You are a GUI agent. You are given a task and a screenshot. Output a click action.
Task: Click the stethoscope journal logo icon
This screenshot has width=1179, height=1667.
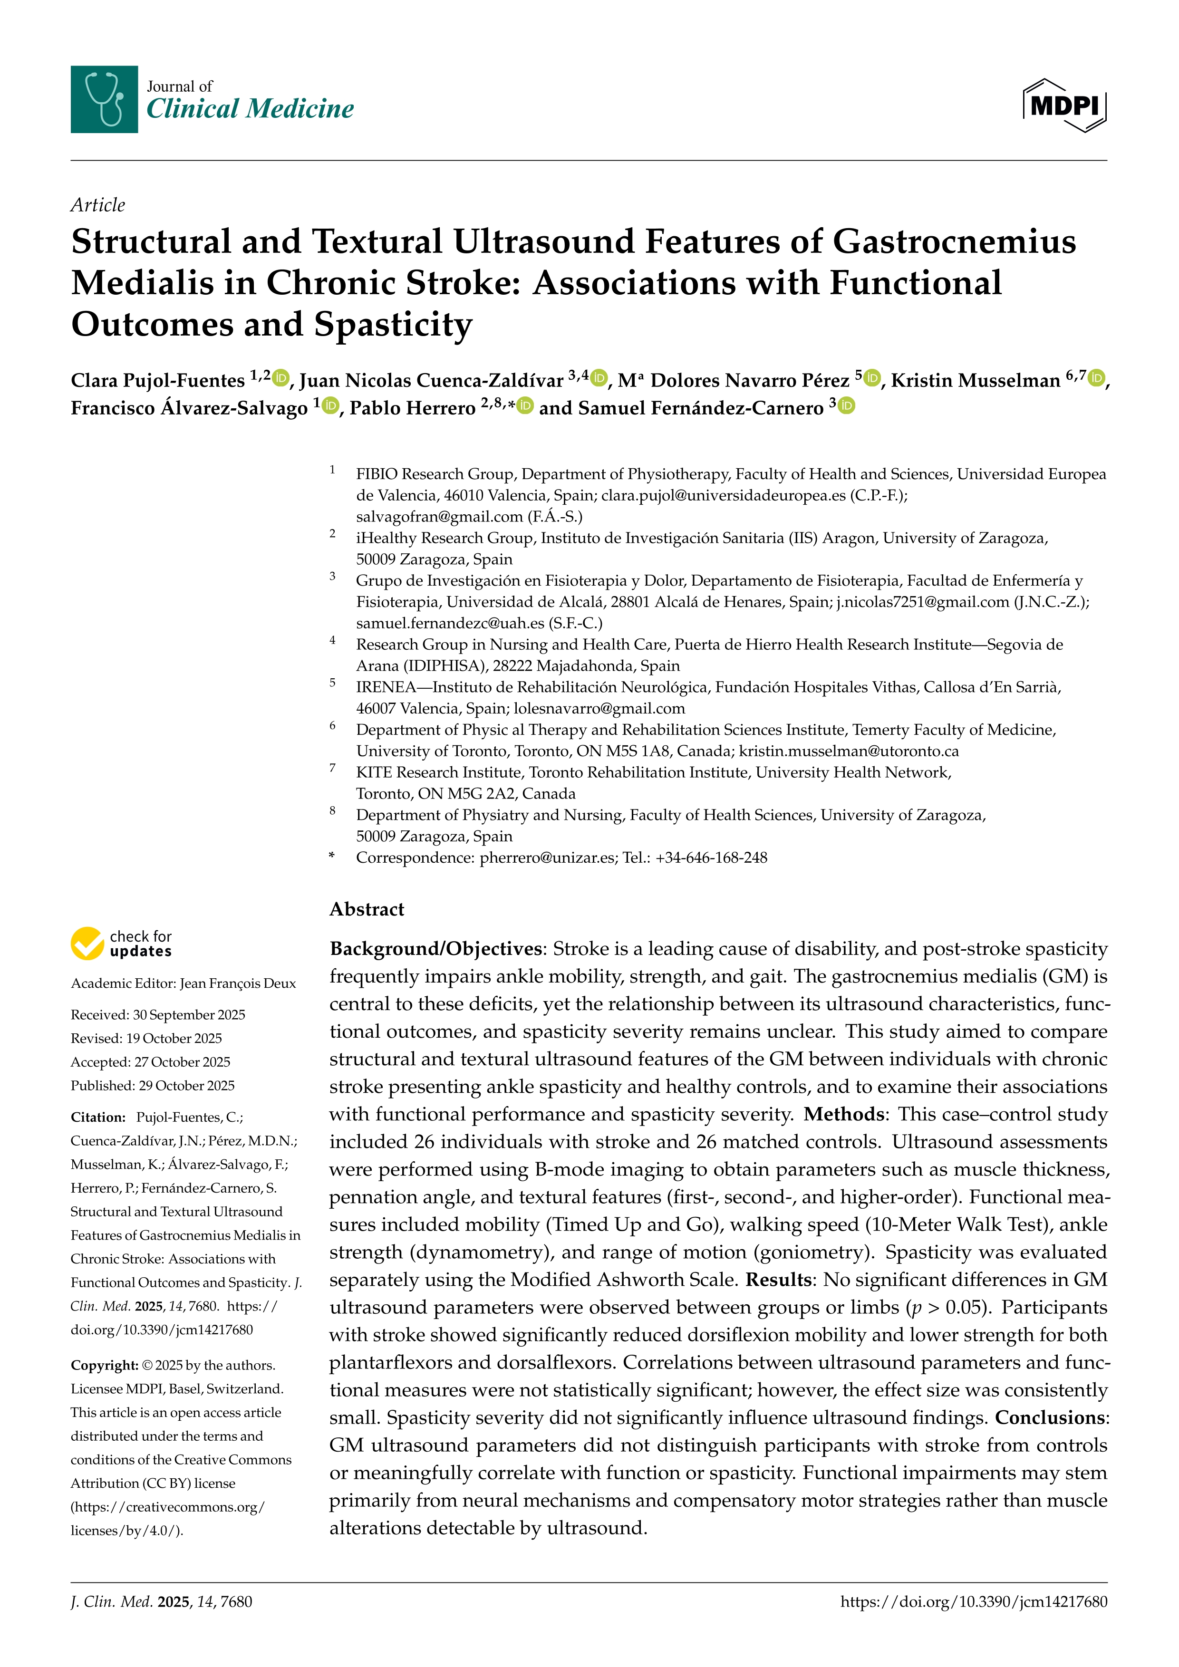(x=104, y=99)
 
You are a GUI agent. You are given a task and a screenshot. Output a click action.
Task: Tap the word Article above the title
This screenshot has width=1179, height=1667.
(x=97, y=205)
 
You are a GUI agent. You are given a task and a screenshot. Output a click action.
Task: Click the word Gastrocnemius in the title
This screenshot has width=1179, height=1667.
(x=953, y=242)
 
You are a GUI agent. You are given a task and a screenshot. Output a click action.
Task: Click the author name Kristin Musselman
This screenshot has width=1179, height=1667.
(x=975, y=380)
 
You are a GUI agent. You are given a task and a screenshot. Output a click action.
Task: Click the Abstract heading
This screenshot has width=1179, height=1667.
(x=367, y=909)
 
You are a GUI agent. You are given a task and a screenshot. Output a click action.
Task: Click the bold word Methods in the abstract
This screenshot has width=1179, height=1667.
(x=843, y=1115)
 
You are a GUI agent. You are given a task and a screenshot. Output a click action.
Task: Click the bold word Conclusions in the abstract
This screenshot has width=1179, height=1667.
(x=1050, y=1418)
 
